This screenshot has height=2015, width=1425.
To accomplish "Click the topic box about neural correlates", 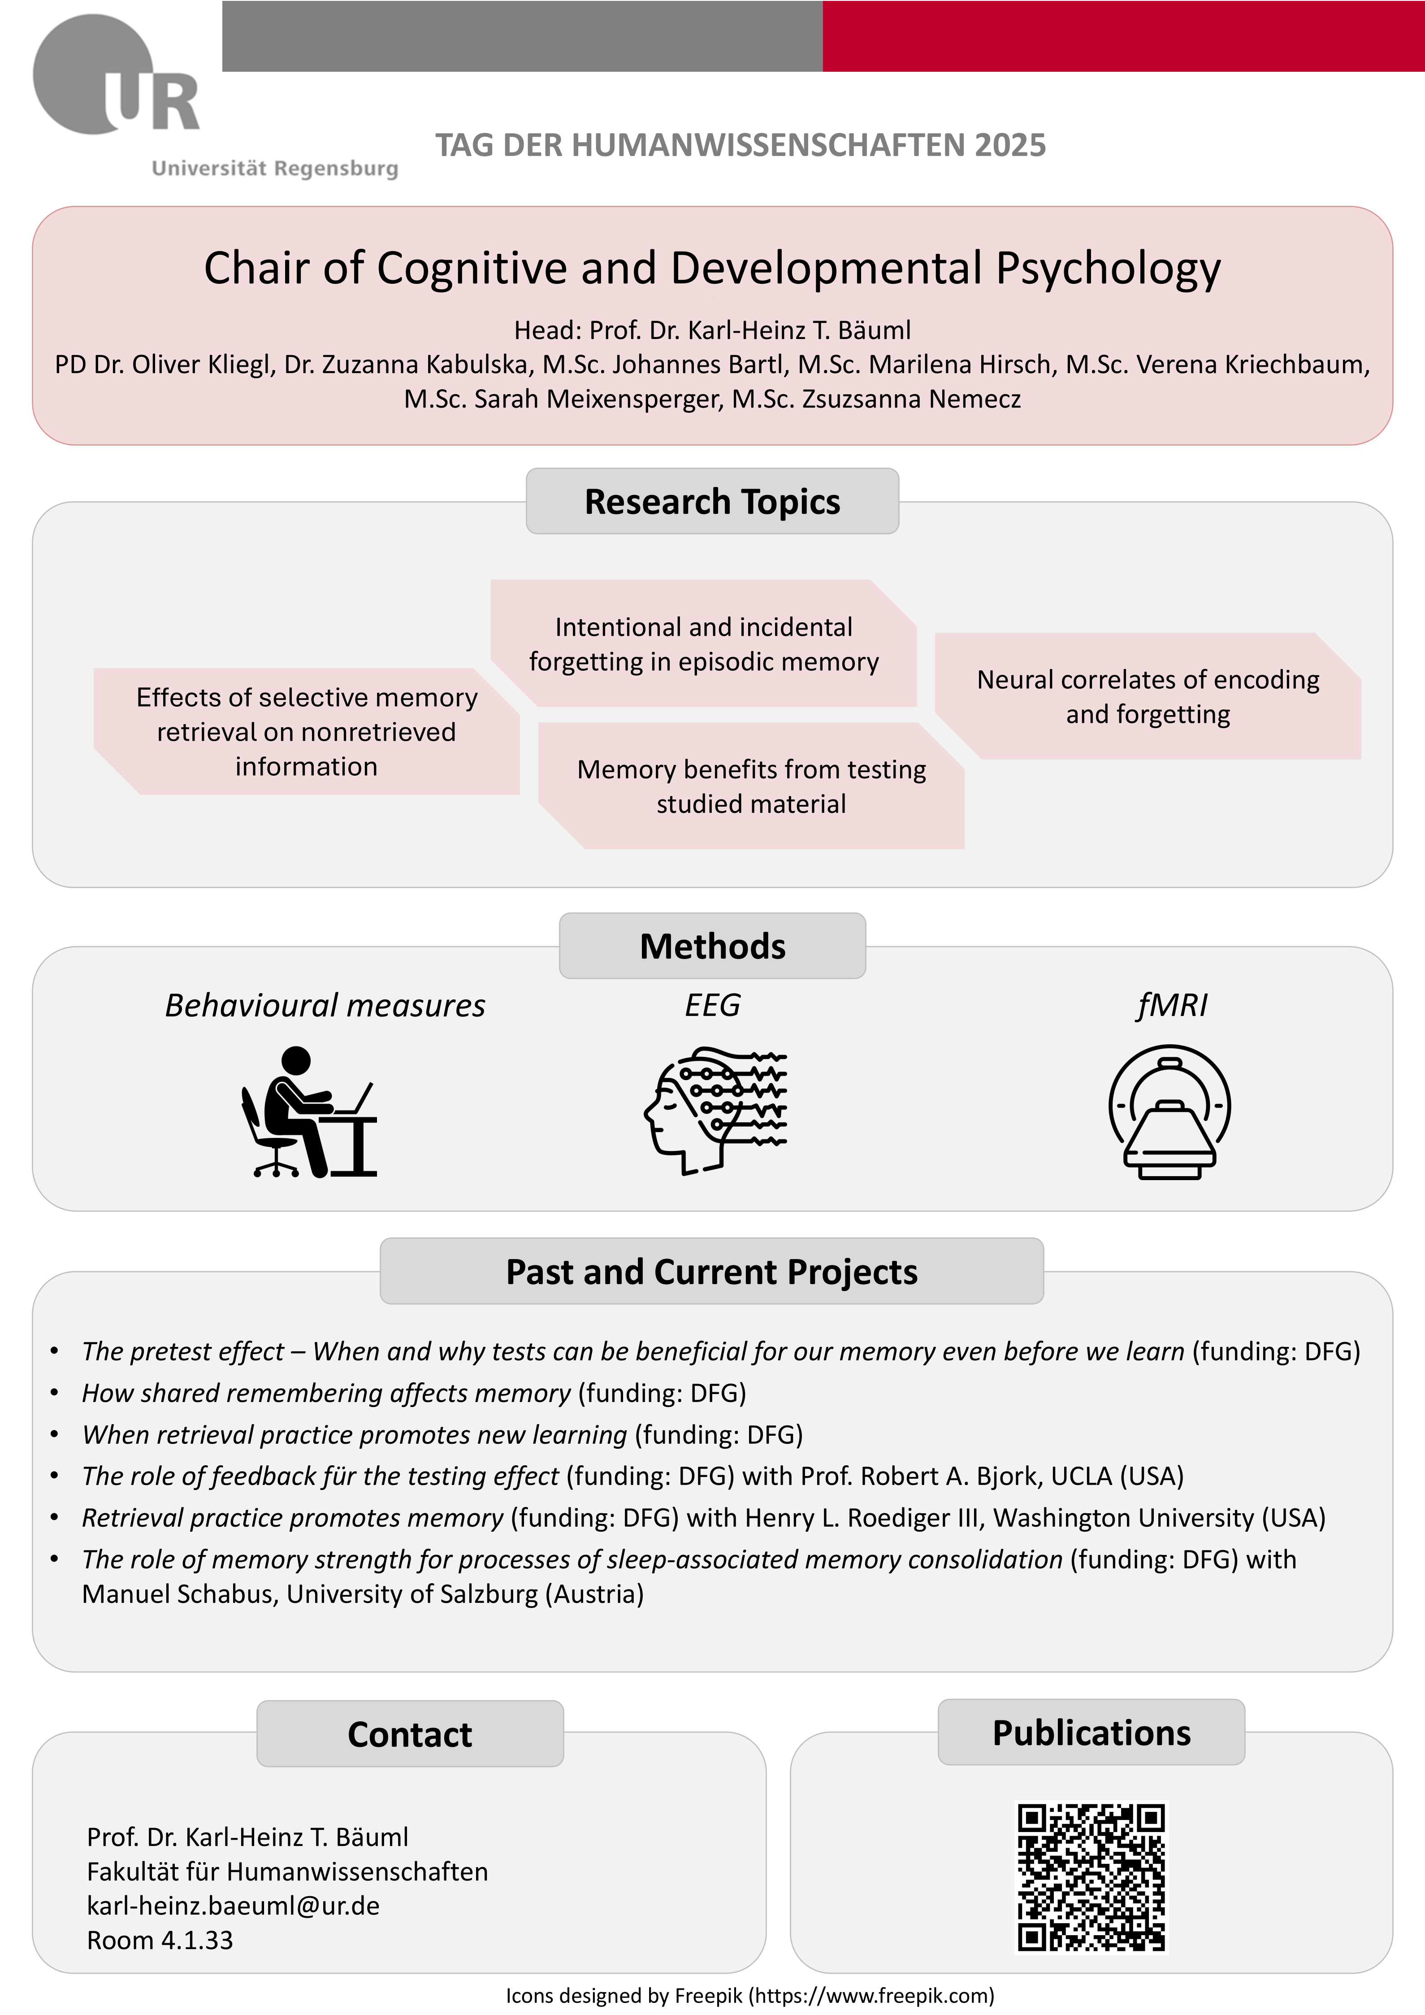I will click(x=1148, y=696).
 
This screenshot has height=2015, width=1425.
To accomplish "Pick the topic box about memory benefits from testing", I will click(x=751, y=786).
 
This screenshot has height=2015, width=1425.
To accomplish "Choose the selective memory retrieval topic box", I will click(x=306, y=732).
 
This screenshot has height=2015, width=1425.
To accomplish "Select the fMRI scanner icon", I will click(x=1169, y=1111).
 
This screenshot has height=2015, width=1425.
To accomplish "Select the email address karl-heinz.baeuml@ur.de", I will click(x=234, y=1905).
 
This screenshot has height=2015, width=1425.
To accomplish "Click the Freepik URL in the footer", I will click(x=871, y=1996).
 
